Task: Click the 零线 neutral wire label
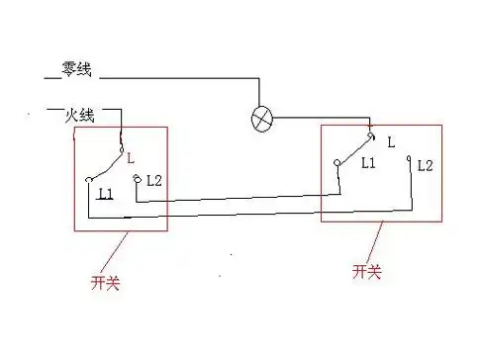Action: pyautogui.click(x=76, y=70)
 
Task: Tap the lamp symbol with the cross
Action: pyautogui.click(x=261, y=120)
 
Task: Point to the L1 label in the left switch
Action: pyautogui.click(x=106, y=194)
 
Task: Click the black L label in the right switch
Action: pyautogui.click(x=391, y=142)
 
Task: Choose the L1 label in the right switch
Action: pyautogui.click(x=369, y=161)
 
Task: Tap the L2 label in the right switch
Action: pyautogui.click(x=426, y=164)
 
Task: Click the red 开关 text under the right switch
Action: pyautogui.click(x=366, y=270)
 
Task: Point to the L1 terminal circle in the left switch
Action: pyautogui.click(x=89, y=179)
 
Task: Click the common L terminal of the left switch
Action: pyautogui.click(x=121, y=148)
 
